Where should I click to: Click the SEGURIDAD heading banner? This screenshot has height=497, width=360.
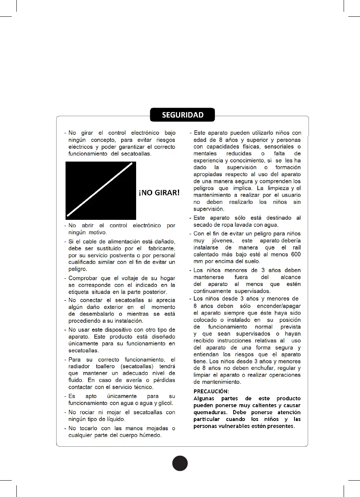183,115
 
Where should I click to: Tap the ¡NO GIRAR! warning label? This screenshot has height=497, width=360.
159,193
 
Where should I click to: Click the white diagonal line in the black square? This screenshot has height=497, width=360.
100,189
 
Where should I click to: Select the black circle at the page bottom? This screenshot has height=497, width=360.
180,463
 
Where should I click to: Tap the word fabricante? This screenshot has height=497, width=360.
159,248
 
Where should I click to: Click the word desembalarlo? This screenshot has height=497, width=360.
95,314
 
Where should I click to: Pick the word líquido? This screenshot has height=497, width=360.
112,419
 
